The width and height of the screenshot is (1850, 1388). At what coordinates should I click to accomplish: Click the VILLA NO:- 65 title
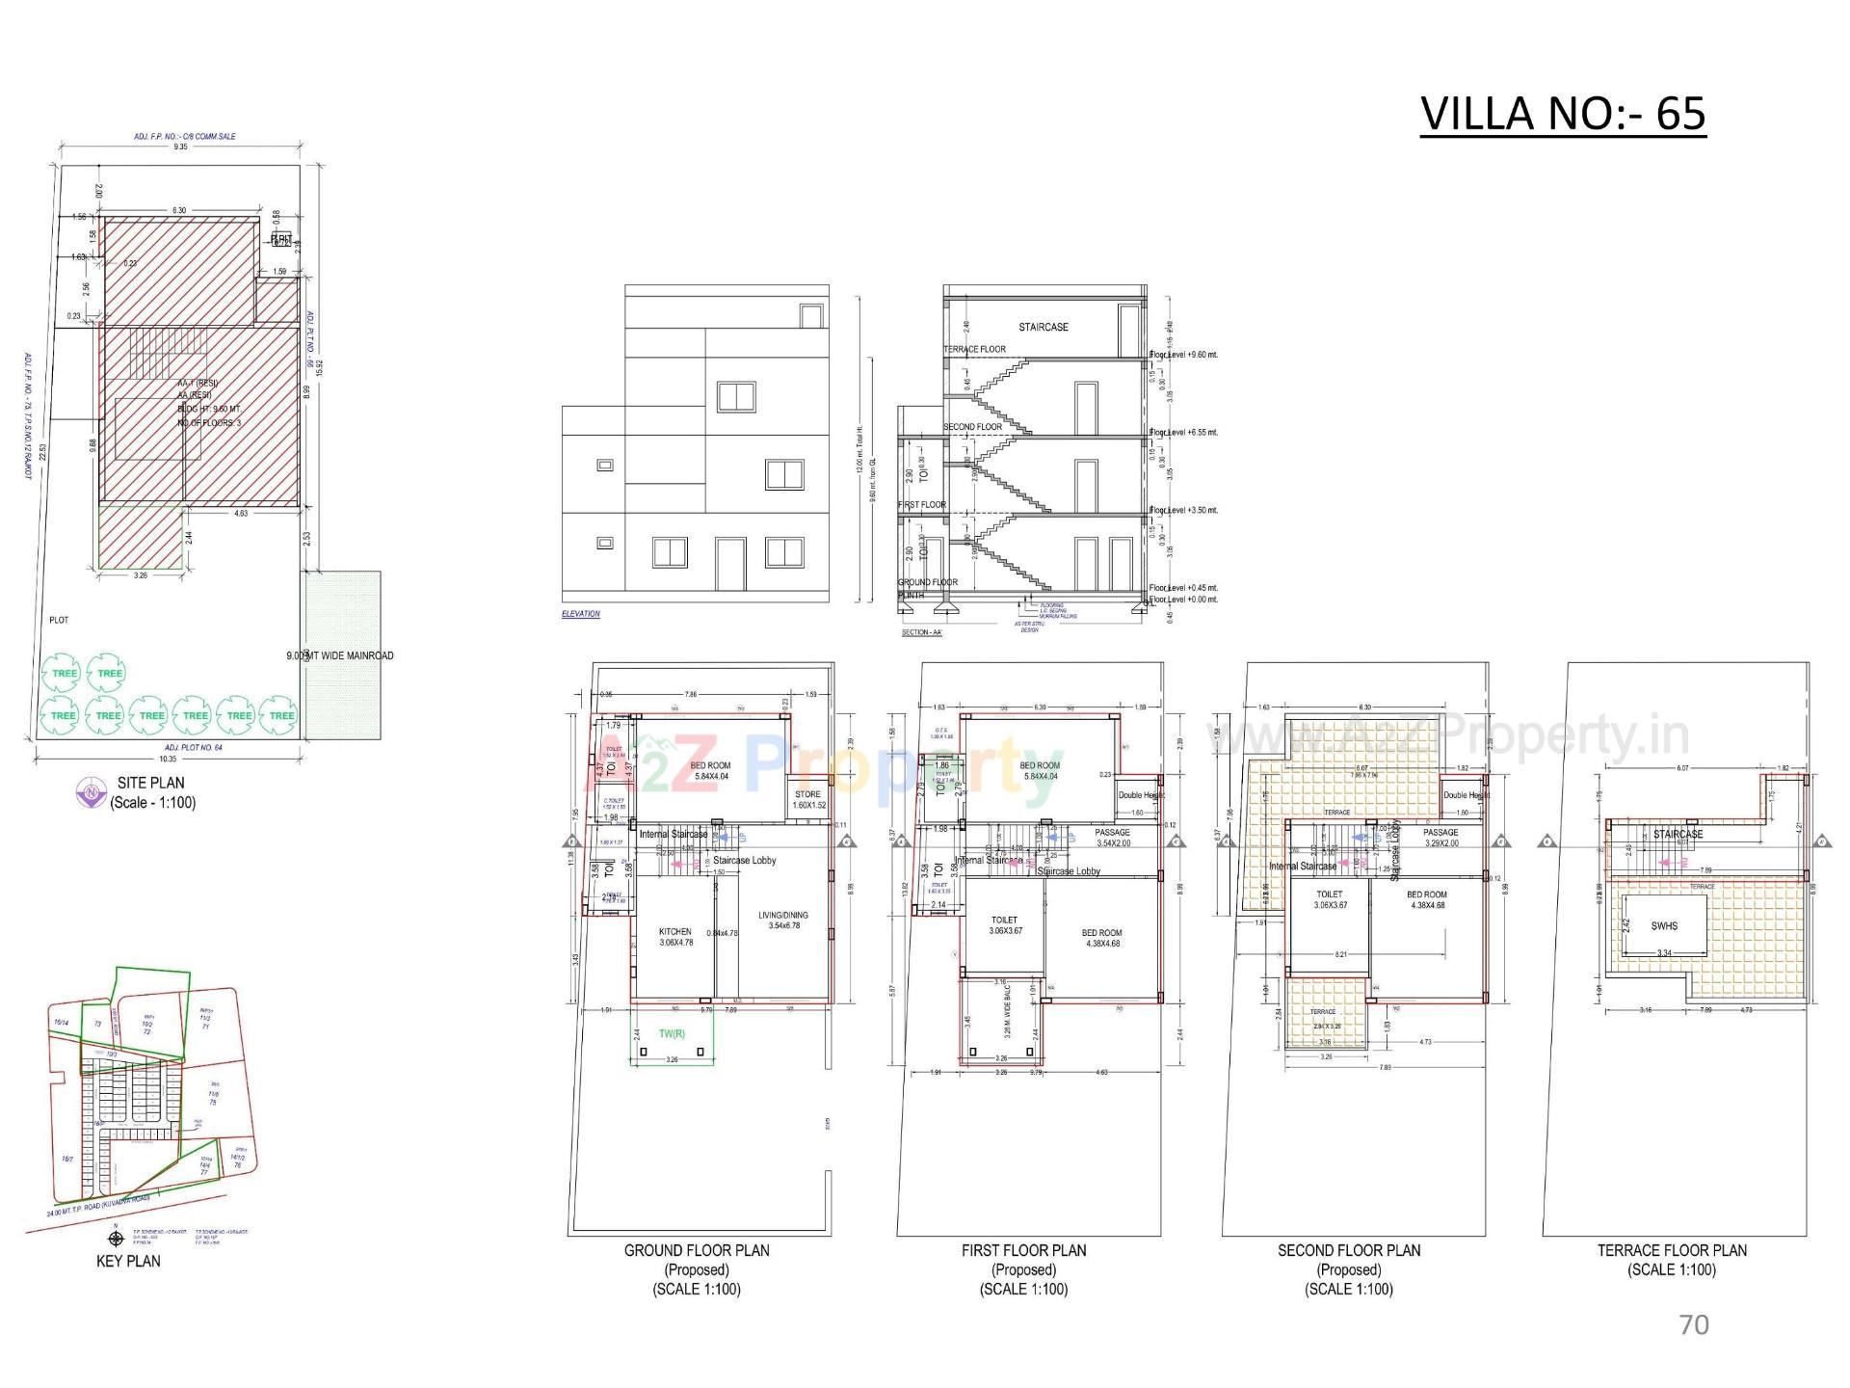(1562, 114)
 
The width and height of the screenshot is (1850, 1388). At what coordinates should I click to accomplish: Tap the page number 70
(1693, 1324)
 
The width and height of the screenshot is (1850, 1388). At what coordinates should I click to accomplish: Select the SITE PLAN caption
(151, 783)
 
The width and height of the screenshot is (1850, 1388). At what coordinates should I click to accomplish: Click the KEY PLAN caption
(128, 1261)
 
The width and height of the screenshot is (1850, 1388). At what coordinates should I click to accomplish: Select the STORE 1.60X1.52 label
(807, 799)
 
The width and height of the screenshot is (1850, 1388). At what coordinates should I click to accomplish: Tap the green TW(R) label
(672, 1034)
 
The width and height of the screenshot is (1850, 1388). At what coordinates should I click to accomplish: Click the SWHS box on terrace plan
(1664, 925)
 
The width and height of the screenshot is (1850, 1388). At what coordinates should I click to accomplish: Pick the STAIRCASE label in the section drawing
(1043, 327)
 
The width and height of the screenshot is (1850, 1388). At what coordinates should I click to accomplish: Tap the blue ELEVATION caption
(581, 614)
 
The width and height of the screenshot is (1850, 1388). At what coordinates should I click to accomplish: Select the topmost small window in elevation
(811, 315)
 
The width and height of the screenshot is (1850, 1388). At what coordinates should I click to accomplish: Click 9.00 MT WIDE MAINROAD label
(340, 655)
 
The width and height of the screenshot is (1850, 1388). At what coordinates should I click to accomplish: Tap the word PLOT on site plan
(59, 620)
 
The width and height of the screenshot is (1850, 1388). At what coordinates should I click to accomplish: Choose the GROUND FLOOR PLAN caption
(697, 1250)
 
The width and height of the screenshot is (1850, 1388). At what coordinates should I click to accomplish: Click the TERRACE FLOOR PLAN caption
(1672, 1250)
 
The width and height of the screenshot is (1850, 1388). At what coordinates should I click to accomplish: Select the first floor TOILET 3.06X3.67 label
(1004, 925)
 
